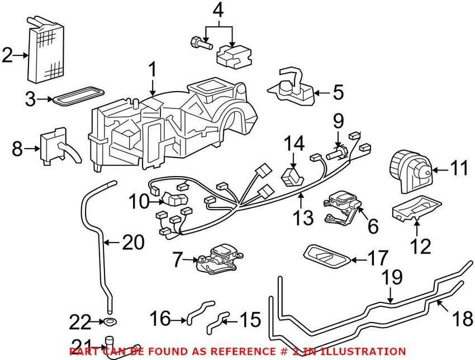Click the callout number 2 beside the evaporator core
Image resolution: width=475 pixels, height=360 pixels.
7,55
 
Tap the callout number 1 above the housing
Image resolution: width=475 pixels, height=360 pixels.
151,70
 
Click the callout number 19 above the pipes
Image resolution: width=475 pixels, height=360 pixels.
392,276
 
